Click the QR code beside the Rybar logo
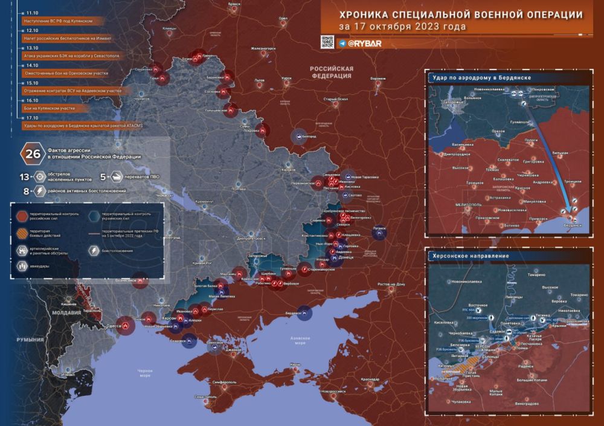pos(327,42)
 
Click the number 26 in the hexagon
pos(31,153)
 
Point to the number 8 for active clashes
pos(25,190)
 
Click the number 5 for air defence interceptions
pos(103,177)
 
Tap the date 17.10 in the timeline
pos(32,118)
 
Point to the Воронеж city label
pos(377,79)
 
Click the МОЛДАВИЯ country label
pos(66,313)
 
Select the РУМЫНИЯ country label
pos(30,340)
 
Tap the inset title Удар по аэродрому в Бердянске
pos(480,79)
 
